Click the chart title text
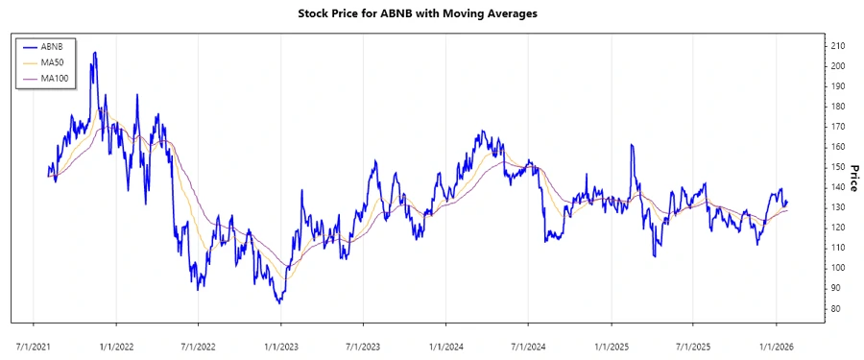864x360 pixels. (x=431, y=13)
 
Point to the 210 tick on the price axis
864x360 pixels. (x=838, y=46)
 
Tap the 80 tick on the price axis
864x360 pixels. (x=836, y=308)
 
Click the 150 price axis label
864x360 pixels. (x=838, y=167)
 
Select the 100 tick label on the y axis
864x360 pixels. (x=838, y=268)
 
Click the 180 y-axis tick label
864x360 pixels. (x=838, y=107)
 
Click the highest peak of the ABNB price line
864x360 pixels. (x=93, y=53)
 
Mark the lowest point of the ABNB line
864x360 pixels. (x=278, y=302)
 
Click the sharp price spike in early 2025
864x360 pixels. (x=632, y=145)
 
